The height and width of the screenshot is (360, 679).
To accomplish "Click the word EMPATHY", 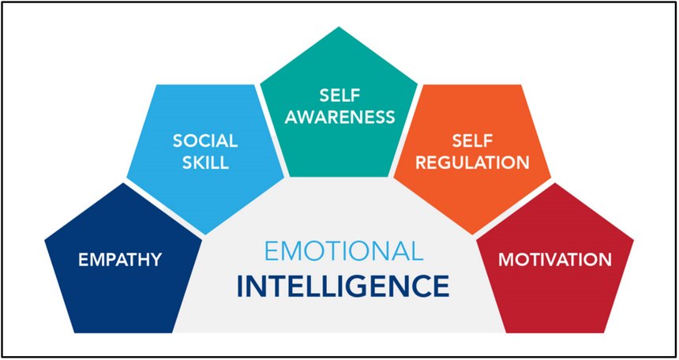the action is click(x=120, y=260).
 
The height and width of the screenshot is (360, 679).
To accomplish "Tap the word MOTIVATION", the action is click(x=555, y=260).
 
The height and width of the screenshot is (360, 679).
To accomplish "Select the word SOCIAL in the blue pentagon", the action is click(x=205, y=141).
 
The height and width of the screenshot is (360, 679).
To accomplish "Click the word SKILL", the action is click(x=205, y=163).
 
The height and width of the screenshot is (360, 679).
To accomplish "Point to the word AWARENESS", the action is click(x=340, y=117).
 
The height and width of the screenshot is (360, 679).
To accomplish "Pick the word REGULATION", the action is click(x=472, y=163).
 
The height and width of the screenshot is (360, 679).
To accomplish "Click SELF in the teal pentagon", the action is click(x=340, y=96).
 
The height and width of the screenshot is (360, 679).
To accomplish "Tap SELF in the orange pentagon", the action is click(x=472, y=141).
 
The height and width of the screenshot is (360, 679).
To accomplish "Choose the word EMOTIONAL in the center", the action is click(x=343, y=252).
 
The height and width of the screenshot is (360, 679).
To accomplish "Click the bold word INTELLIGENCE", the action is click(x=343, y=286).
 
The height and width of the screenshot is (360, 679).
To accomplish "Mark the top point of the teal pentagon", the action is click(x=339, y=27).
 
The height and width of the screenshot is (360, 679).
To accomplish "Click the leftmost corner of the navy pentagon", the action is click(x=44, y=239).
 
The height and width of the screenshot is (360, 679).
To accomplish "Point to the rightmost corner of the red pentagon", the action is click(x=634, y=239).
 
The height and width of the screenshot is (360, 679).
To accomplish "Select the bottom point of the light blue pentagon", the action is click(x=206, y=234).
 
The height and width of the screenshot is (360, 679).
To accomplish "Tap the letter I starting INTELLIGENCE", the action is click(x=240, y=286).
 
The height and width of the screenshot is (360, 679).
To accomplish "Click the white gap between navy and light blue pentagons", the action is click(x=164, y=208).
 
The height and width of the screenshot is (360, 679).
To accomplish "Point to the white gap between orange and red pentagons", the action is click(x=513, y=208).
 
